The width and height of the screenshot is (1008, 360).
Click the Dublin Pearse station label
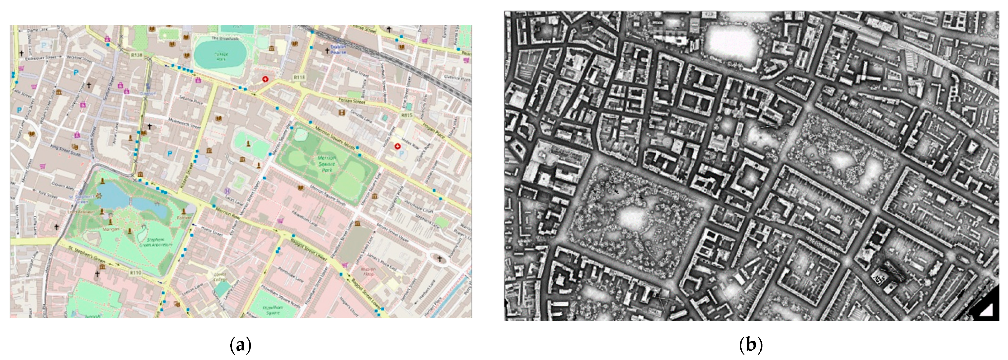338,49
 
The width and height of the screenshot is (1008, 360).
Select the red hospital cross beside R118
266,79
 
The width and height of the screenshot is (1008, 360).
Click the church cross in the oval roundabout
439,259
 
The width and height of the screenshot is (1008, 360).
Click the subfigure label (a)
239,345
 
